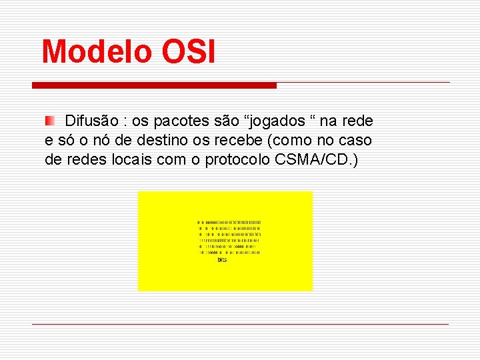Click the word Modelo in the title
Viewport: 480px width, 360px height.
(x=97, y=52)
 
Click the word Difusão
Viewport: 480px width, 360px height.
(x=93, y=121)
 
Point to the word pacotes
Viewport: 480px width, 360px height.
(x=179, y=121)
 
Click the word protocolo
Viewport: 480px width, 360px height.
(x=237, y=160)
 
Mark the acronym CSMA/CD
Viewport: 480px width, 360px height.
(x=313, y=160)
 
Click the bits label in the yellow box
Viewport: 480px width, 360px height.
(x=222, y=260)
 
